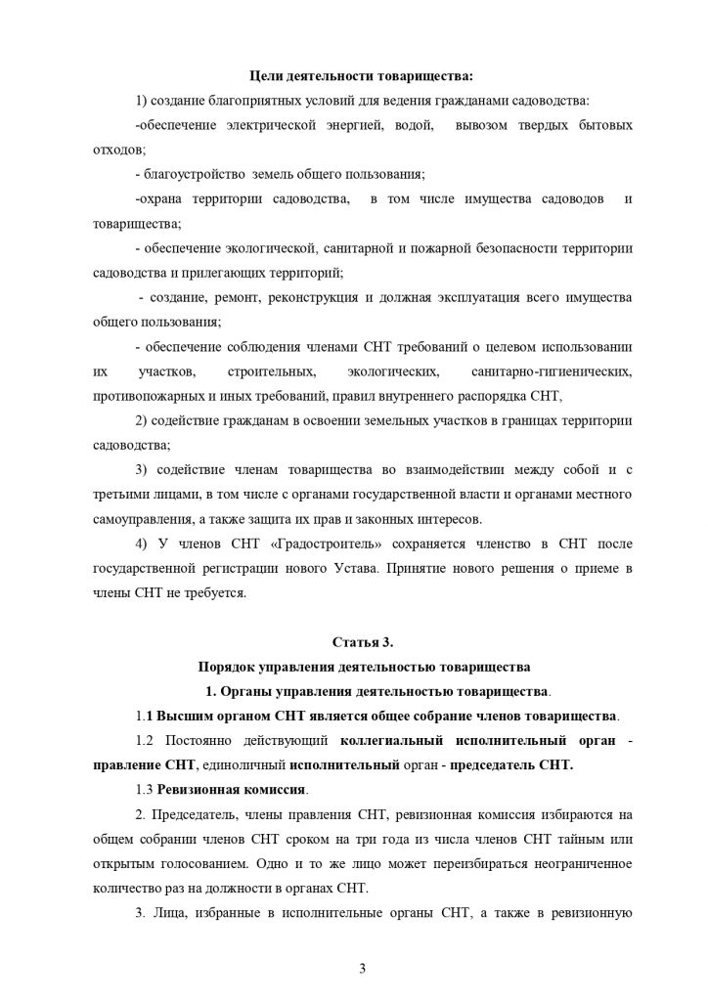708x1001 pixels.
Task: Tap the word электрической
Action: click(x=269, y=126)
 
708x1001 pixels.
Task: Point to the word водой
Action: click(x=398, y=126)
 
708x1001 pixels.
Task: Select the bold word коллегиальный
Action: click(x=392, y=741)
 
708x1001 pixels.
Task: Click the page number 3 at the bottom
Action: click(x=362, y=968)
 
